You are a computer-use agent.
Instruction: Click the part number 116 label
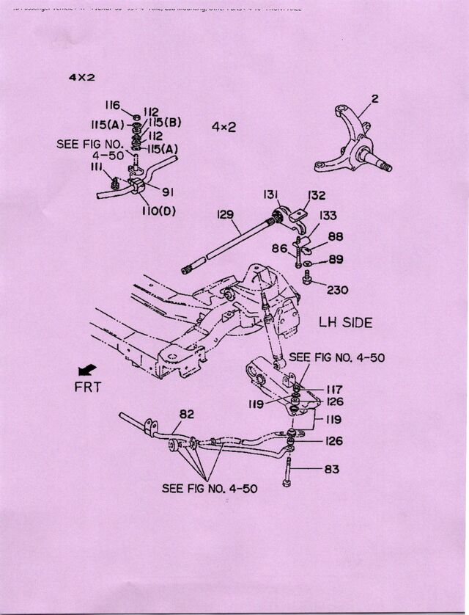(x=111, y=106)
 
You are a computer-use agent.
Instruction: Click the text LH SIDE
(x=345, y=321)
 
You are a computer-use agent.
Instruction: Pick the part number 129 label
(x=225, y=214)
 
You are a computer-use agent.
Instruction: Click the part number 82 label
(x=186, y=414)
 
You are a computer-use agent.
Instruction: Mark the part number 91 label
(x=167, y=194)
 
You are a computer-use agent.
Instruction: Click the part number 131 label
(x=272, y=194)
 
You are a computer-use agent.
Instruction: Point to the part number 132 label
(x=316, y=195)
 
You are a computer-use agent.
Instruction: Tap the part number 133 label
(x=328, y=215)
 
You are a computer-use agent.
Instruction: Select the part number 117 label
(x=334, y=389)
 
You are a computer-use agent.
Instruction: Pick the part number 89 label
(x=336, y=259)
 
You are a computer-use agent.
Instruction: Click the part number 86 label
(x=279, y=250)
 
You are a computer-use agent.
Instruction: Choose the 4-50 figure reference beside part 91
(x=107, y=156)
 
